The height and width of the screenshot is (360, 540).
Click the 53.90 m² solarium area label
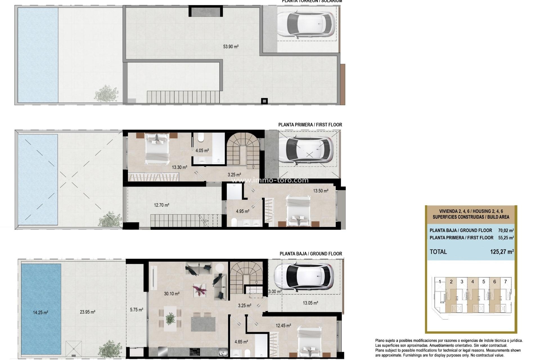click(231, 47)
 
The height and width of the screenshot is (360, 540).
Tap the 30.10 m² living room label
click(172, 294)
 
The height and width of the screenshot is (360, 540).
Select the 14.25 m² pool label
click(40, 312)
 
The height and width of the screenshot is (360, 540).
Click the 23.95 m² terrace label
click(87, 312)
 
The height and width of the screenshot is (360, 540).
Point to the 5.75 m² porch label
click(136, 310)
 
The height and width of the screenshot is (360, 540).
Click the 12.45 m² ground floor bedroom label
click(283, 326)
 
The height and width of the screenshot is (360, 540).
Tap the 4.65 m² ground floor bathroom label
click(241, 342)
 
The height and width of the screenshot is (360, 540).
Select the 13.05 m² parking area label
click(310, 303)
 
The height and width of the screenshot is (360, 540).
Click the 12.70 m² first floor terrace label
click(161, 205)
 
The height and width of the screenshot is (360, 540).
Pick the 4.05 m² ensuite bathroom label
click(202, 150)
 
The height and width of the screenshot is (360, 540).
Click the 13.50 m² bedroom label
click(321, 191)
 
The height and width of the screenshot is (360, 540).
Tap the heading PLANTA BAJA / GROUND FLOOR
click(310, 254)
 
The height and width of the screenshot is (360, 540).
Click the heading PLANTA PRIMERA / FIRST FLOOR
click(310, 125)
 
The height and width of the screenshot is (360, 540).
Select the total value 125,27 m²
click(502, 252)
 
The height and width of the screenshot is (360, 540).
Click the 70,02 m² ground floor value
click(506, 230)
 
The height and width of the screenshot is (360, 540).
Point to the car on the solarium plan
click(306, 24)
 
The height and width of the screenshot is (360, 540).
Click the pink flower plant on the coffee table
click(199, 290)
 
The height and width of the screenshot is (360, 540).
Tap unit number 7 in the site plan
click(505, 282)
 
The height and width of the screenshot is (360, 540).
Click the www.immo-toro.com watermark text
click(269, 180)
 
